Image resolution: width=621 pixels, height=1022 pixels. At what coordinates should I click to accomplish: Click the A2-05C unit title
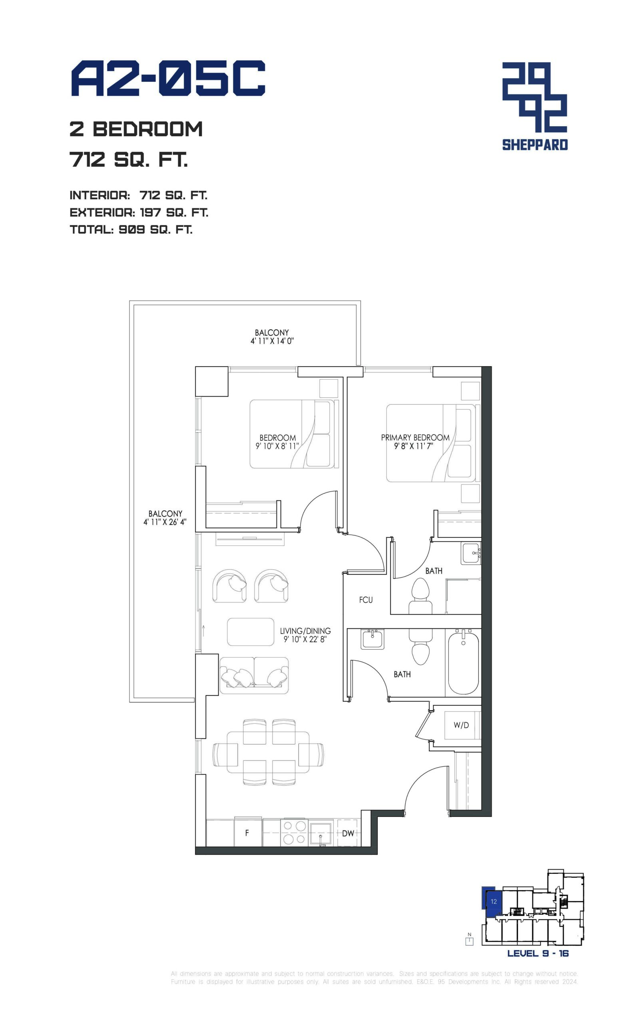coord(168,78)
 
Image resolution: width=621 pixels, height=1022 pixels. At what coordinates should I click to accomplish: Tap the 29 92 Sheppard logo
coord(535,106)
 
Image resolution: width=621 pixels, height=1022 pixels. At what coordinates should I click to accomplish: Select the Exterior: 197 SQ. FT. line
coord(139,213)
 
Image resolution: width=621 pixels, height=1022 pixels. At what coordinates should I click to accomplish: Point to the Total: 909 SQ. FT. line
coord(131,230)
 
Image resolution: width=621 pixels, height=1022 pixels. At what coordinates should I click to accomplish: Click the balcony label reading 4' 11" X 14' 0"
coord(272,337)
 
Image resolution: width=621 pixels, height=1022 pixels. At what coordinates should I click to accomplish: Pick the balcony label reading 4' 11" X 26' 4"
coord(165,518)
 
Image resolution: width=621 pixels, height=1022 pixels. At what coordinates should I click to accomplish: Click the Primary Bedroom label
coord(415,442)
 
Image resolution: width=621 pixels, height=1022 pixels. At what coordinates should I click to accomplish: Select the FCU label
coord(366,600)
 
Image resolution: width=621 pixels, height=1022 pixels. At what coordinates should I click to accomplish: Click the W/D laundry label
coord(461,725)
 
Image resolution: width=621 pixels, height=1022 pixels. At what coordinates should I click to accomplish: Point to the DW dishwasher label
coord(348,833)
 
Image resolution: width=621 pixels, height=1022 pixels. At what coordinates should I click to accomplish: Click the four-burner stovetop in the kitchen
coord(294,832)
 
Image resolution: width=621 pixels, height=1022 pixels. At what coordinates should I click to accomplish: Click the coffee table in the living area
coord(250,632)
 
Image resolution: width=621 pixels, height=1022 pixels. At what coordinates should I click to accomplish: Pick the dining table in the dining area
coord(268,755)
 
